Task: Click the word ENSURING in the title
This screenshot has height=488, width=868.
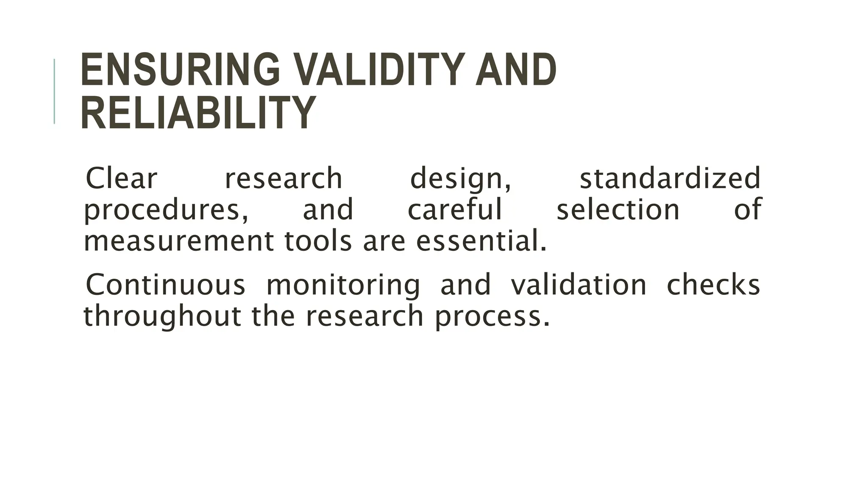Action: pos(180,69)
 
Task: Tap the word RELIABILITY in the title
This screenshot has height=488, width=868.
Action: pos(198,114)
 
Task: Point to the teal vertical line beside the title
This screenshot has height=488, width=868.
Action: pos(54,91)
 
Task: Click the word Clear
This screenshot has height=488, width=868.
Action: pos(122,179)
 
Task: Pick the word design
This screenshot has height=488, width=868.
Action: pos(460,180)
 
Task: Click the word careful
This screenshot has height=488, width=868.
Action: pos(455,210)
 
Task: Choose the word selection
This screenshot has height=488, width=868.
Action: pos(618,210)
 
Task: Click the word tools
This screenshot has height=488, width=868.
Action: pos(318,241)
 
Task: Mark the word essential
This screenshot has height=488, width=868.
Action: pos(481,241)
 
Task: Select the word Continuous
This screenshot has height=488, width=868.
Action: pos(166,285)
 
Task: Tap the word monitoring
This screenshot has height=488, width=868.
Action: pos(343,286)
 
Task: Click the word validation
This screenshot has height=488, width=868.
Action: pos(579,285)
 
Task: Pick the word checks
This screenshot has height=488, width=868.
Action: pos(713,285)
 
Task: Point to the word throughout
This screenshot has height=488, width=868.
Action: pos(162,317)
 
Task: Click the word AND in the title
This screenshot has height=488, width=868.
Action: pos(516,69)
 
